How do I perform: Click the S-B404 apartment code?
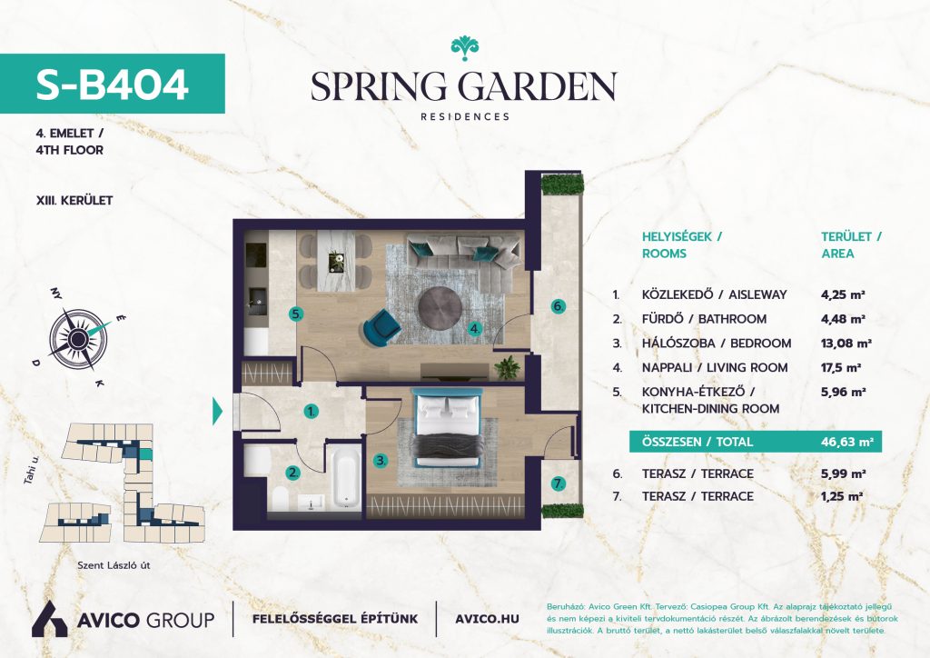[x=112, y=84]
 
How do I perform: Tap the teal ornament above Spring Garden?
[x=464, y=48]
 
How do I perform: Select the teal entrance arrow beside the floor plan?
[x=217, y=411]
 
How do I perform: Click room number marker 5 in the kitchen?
[x=297, y=314]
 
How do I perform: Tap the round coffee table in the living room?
[x=440, y=307]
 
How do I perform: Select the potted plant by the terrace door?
[x=507, y=368]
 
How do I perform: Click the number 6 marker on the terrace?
[x=559, y=307]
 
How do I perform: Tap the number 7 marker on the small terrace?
[x=559, y=484]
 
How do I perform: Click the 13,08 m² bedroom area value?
[x=846, y=343]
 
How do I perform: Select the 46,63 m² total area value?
[x=847, y=442]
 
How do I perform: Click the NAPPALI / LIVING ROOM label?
[x=715, y=368]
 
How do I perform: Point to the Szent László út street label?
[x=114, y=565]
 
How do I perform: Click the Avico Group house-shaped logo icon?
[x=49, y=619]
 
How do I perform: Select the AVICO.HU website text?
[x=487, y=619]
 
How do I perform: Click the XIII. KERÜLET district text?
[x=74, y=201]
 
